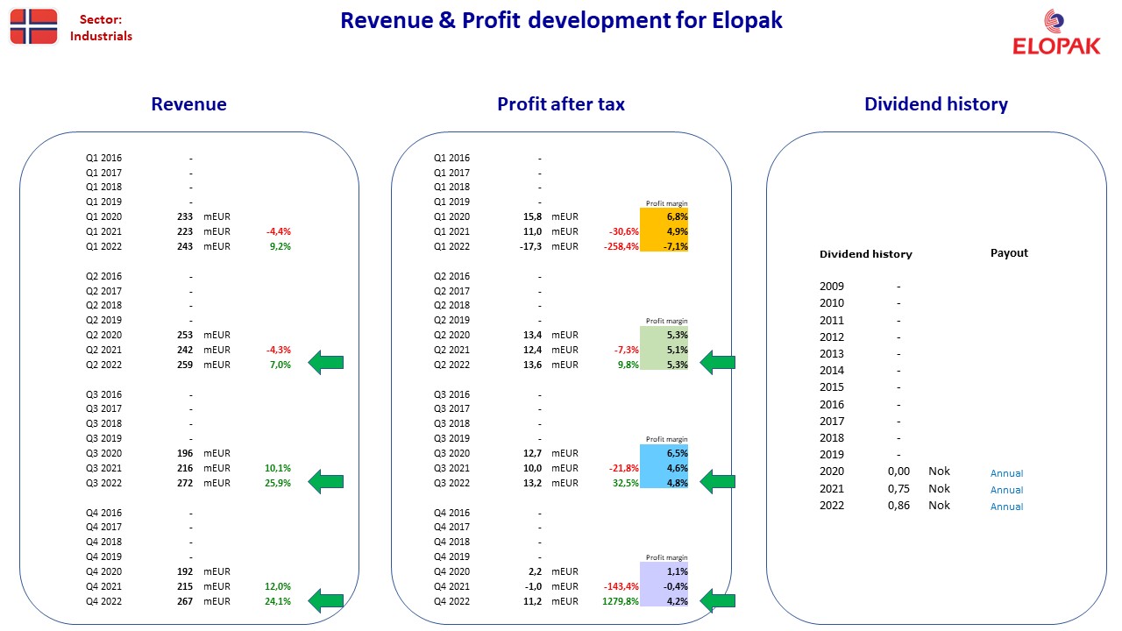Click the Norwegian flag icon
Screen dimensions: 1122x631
tap(33, 26)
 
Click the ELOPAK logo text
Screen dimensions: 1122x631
tap(1056, 46)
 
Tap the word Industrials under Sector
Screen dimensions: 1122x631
tap(101, 36)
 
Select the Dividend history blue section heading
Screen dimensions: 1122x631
tap(935, 104)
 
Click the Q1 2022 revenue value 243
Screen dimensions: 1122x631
tap(185, 246)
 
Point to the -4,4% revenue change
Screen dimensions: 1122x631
tap(279, 231)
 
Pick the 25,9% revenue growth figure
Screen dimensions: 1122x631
tap(278, 483)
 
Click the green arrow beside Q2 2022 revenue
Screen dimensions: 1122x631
tap(325, 363)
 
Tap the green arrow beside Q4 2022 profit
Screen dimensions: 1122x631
tap(717, 600)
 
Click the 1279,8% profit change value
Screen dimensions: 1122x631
tap(620, 601)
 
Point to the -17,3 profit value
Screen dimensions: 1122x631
tap(530, 246)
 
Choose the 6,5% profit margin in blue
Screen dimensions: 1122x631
tap(677, 453)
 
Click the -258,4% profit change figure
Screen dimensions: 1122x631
tap(621, 246)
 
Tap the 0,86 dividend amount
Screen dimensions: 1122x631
tap(898, 506)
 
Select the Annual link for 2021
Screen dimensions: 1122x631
tap(1006, 490)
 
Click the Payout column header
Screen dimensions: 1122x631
tap(1009, 253)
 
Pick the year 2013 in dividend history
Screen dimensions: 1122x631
tap(832, 353)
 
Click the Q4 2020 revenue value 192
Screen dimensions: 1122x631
tap(185, 571)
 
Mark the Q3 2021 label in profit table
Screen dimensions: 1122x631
tap(451, 468)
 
